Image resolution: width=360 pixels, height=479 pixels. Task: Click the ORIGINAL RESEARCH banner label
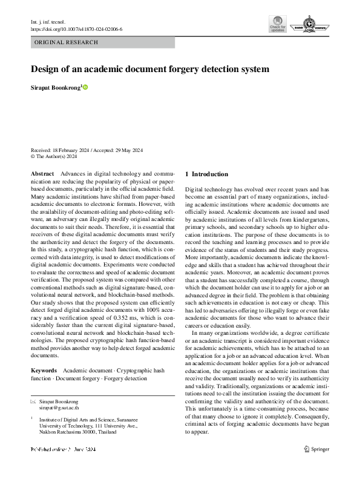[67, 42]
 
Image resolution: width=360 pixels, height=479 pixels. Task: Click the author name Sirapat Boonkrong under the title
[55, 87]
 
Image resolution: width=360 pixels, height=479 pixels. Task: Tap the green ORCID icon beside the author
[86, 87]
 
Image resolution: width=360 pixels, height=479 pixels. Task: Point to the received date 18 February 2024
[73, 150]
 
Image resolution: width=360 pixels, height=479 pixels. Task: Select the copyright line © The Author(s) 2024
[54, 156]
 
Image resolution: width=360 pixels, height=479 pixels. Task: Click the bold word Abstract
[42, 174]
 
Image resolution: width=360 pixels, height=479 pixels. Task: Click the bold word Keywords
[44, 370]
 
